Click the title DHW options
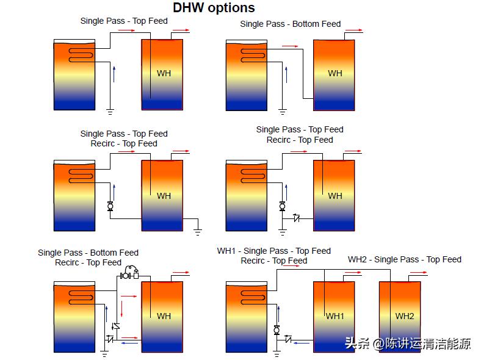click(x=214, y=8)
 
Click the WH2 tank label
click(x=404, y=316)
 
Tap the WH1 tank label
click(x=335, y=316)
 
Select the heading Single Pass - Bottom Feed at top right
click(x=290, y=24)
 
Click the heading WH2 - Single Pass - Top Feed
click(x=405, y=259)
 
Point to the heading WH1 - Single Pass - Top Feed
click(x=273, y=251)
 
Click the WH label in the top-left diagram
click(x=164, y=73)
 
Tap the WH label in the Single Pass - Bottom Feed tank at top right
click(x=335, y=73)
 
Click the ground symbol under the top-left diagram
click(x=110, y=111)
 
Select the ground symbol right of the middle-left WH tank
click(x=197, y=231)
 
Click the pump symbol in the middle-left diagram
click(x=110, y=206)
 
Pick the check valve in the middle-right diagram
click(x=297, y=218)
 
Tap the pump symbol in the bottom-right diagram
click(x=277, y=329)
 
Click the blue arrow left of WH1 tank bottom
click(x=300, y=344)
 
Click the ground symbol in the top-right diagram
click(x=282, y=111)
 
